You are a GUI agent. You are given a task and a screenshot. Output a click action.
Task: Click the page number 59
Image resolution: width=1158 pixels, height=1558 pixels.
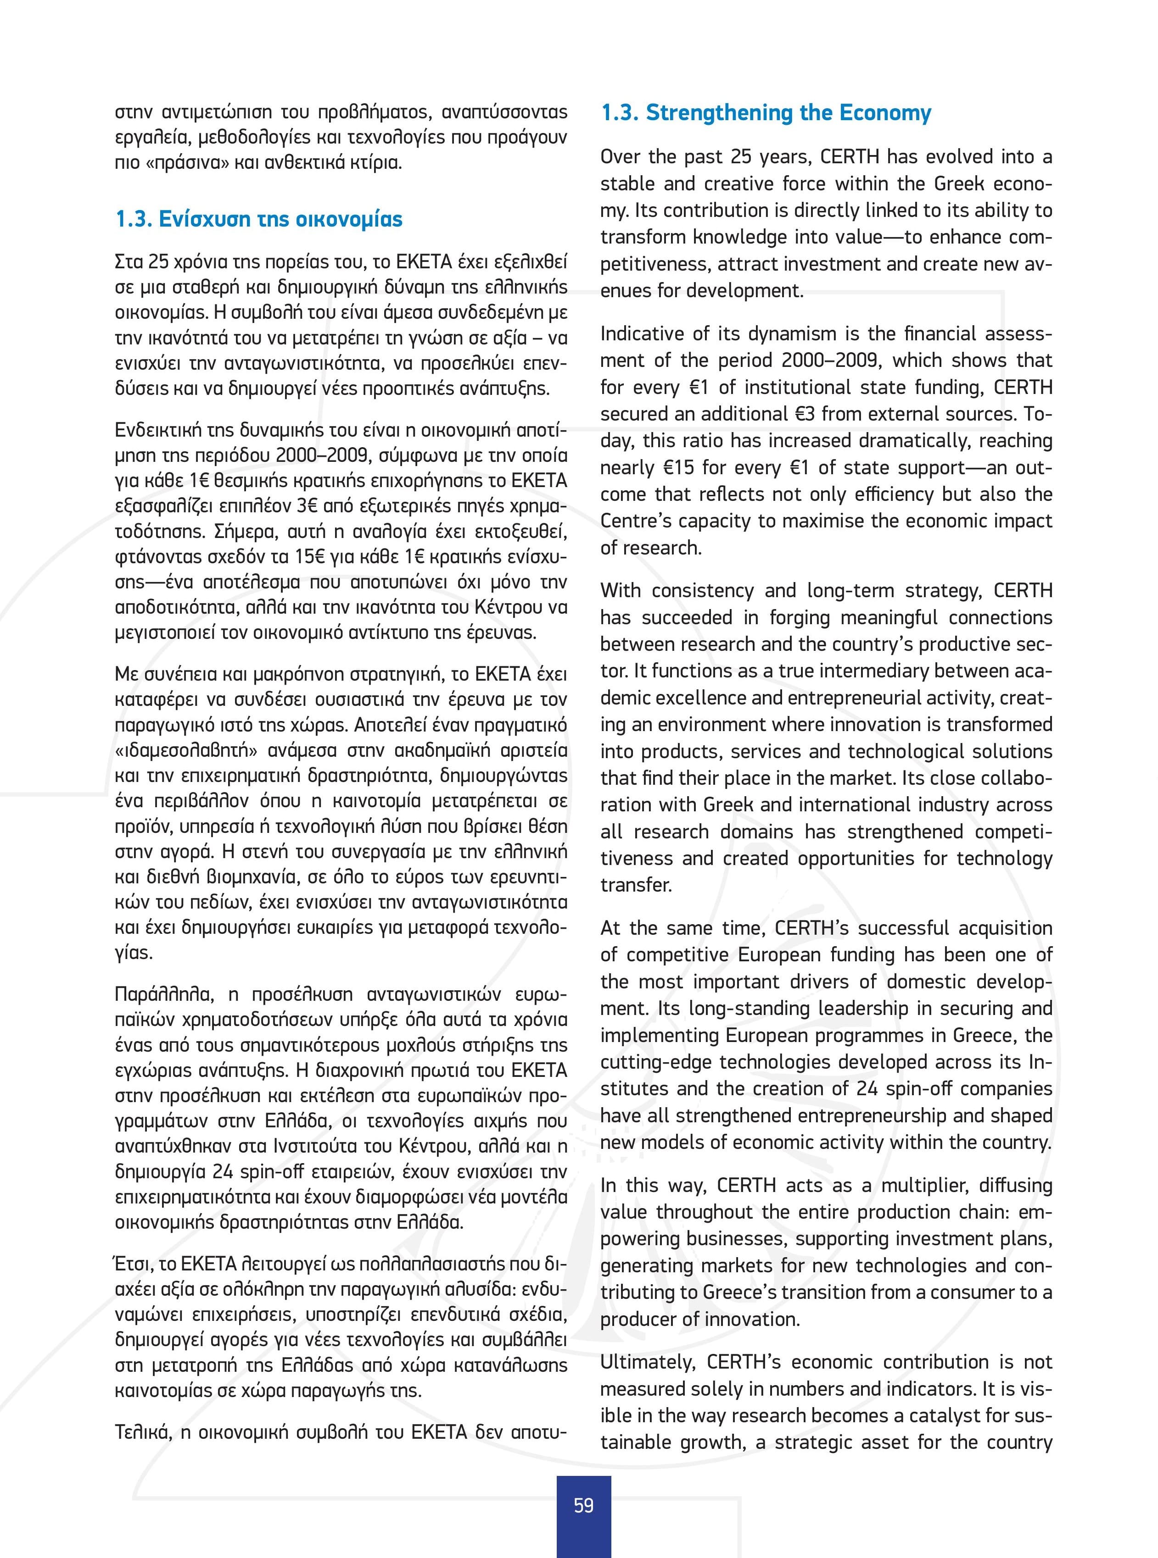(x=583, y=1505)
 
